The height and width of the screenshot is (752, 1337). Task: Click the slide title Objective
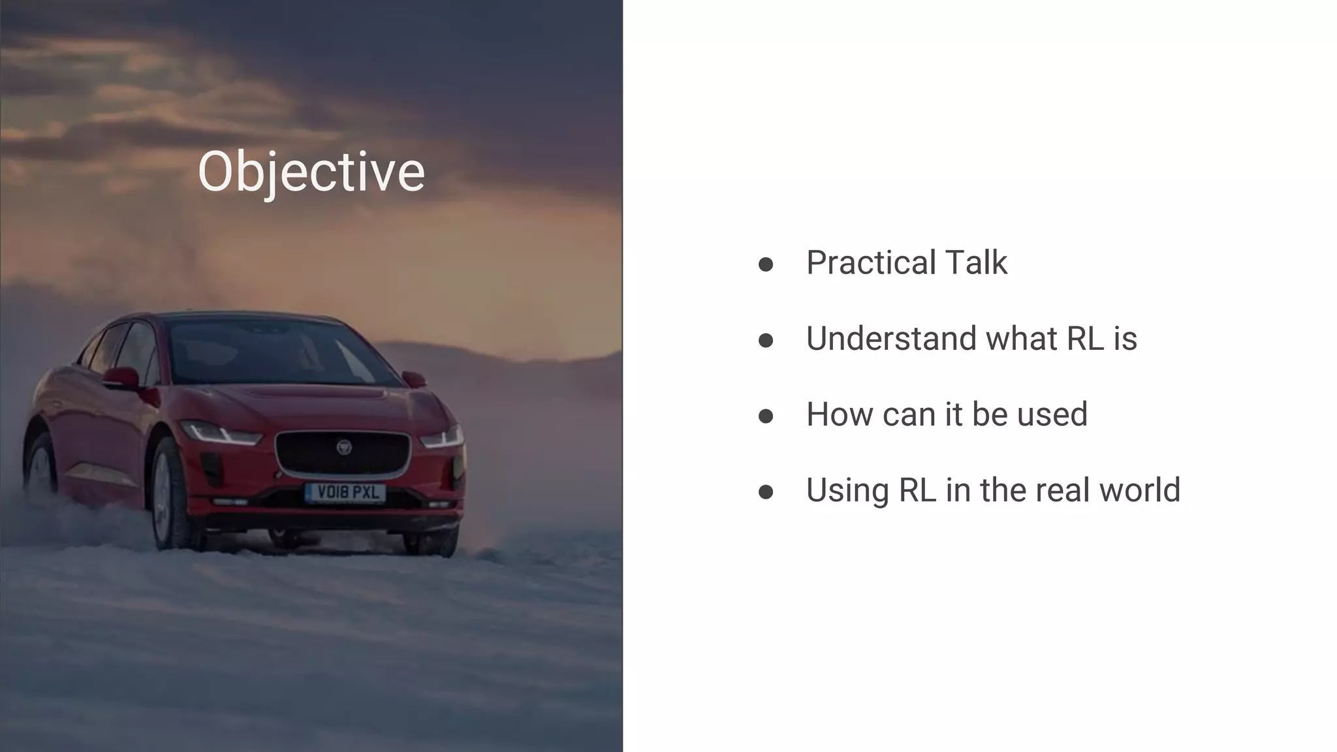pyautogui.click(x=311, y=171)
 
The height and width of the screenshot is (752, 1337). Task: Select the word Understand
pyautogui.click(x=890, y=338)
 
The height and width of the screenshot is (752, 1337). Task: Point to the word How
pyautogui.click(x=838, y=414)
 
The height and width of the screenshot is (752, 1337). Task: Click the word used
pyautogui.click(x=1052, y=414)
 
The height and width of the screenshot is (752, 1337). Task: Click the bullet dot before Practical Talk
pyautogui.click(x=766, y=264)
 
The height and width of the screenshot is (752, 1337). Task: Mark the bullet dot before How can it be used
pyautogui.click(x=766, y=416)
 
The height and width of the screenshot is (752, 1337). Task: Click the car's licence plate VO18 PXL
pyautogui.click(x=346, y=492)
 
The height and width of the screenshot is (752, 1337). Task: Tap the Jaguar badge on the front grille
pyautogui.click(x=343, y=447)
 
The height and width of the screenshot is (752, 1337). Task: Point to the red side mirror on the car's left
pyautogui.click(x=121, y=378)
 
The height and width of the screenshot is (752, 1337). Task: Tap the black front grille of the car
pyautogui.click(x=343, y=455)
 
